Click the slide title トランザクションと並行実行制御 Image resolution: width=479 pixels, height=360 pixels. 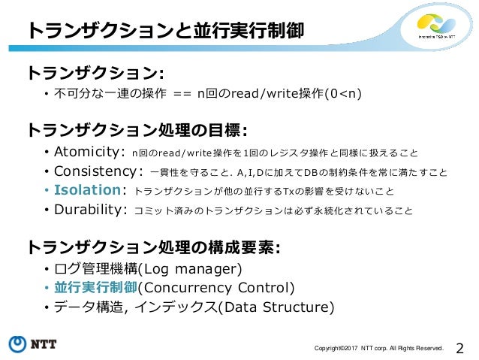(x=166, y=31)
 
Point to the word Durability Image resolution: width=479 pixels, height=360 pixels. (x=90, y=210)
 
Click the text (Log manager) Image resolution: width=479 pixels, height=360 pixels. (x=191, y=269)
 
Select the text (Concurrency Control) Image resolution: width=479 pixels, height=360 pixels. (x=217, y=288)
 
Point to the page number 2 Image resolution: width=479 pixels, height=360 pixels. (x=460, y=346)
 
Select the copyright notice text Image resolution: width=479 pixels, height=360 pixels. (x=379, y=348)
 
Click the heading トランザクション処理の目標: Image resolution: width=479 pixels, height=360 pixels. (x=137, y=130)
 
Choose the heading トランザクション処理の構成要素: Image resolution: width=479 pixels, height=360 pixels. (x=154, y=247)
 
